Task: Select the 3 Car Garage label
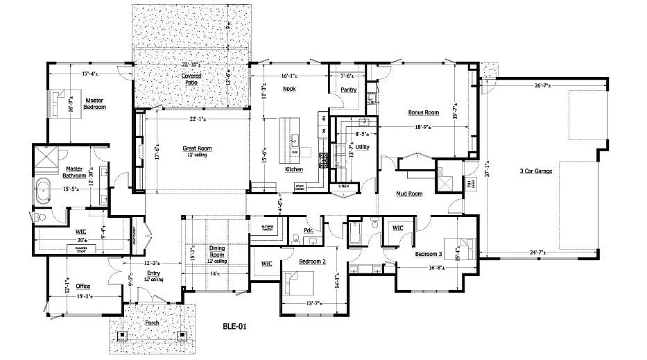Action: point(535,170)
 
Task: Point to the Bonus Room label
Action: point(423,112)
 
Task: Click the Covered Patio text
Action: point(191,78)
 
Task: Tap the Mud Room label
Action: point(409,194)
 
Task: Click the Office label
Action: point(83,286)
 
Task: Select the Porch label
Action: point(152,323)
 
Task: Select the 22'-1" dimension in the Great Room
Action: point(197,118)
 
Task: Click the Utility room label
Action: point(361,147)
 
